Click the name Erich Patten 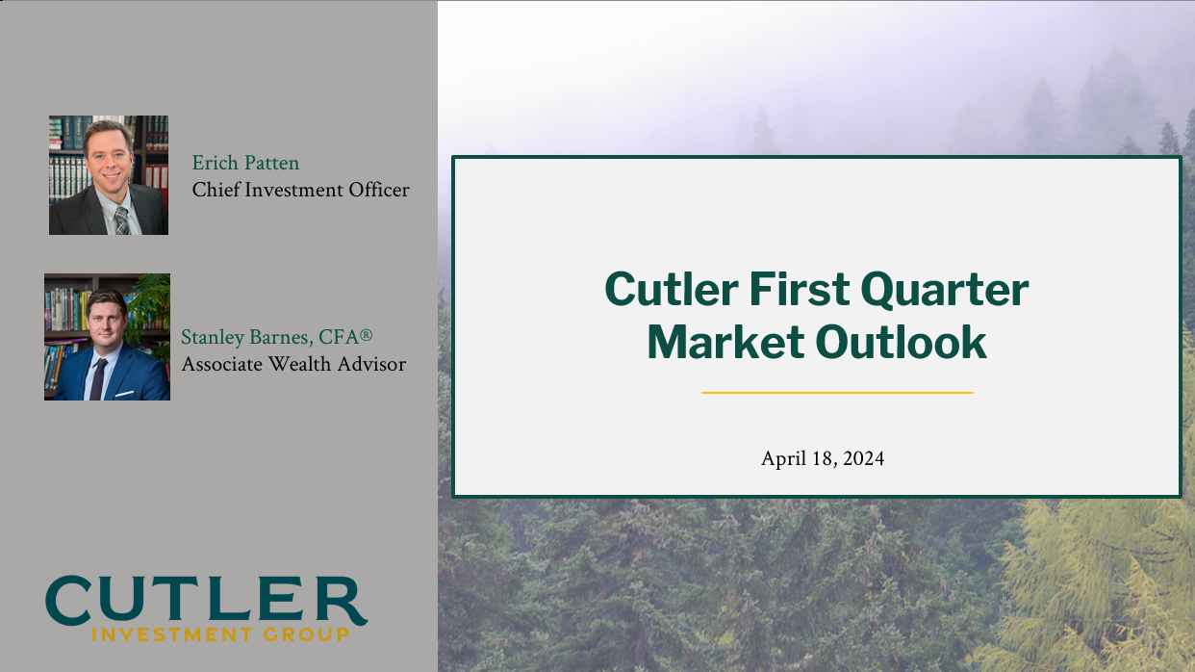[x=245, y=163]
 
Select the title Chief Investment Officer [x=300, y=190]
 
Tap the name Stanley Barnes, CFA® [x=276, y=337]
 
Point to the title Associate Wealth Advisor [x=293, y=364]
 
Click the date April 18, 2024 [x=822, y=458]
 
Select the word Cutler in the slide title [x=672, y=289]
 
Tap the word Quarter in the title [x=944, y=291]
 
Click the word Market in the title [x=725, y=342]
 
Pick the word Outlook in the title [x=901, y=342]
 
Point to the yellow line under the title [x=837, y=392]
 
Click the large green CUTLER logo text [x=207, y=600]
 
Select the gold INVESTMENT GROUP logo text [x=220, y=634]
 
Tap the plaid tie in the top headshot [x=122, y=220]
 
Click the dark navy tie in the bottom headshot [x=98, y=379]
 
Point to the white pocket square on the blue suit [x=124, y=394]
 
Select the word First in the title [x=800, y=289]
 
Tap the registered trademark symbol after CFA [x=366, y=335]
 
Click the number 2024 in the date [x=863, y=458]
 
